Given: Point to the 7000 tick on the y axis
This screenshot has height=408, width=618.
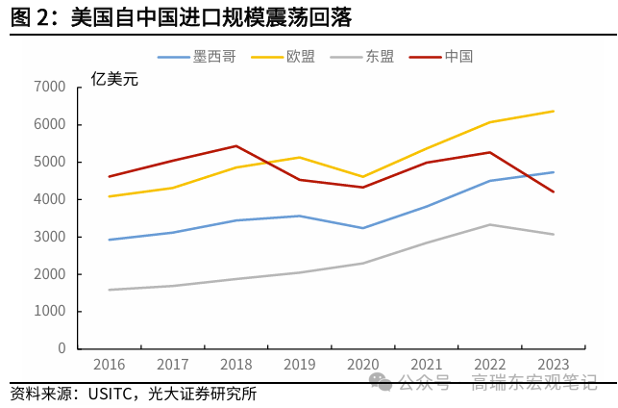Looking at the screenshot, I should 49,88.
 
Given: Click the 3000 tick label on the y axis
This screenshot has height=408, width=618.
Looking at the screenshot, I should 49,237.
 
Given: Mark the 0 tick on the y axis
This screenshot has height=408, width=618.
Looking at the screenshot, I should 61,348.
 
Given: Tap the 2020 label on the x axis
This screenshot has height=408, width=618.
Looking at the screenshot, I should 362,365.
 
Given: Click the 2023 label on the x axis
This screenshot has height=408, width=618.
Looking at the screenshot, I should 553,365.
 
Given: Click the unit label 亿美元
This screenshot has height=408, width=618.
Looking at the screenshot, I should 113,79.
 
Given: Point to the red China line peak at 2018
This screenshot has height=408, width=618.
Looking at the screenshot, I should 235,146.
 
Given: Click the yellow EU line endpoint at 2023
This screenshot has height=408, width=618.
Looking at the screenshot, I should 553,111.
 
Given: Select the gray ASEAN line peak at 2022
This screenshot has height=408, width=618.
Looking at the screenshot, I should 489,224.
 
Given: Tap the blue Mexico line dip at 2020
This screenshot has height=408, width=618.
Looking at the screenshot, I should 362,228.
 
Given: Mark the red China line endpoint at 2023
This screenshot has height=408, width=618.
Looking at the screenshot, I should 553,191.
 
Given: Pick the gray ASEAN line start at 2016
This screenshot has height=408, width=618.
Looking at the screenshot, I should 109,290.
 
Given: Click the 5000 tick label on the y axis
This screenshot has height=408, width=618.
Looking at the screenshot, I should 49,162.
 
